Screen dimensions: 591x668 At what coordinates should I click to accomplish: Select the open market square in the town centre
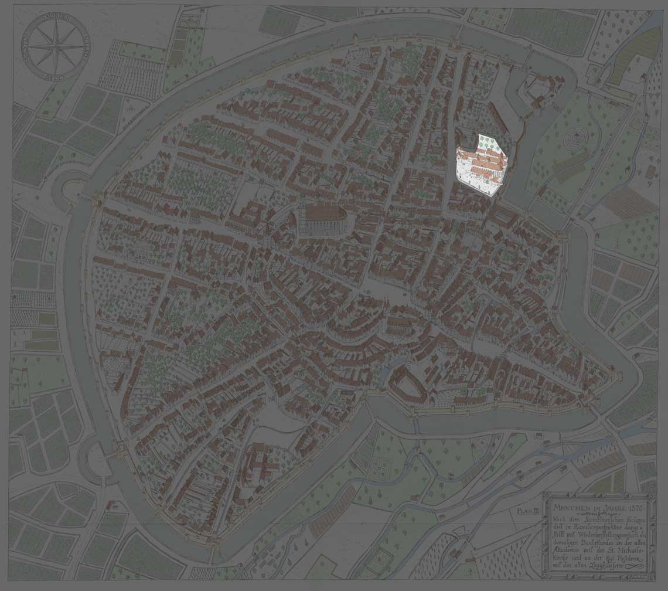point(375,290)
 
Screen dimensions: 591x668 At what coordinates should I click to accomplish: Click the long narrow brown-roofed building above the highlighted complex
point(497,117)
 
